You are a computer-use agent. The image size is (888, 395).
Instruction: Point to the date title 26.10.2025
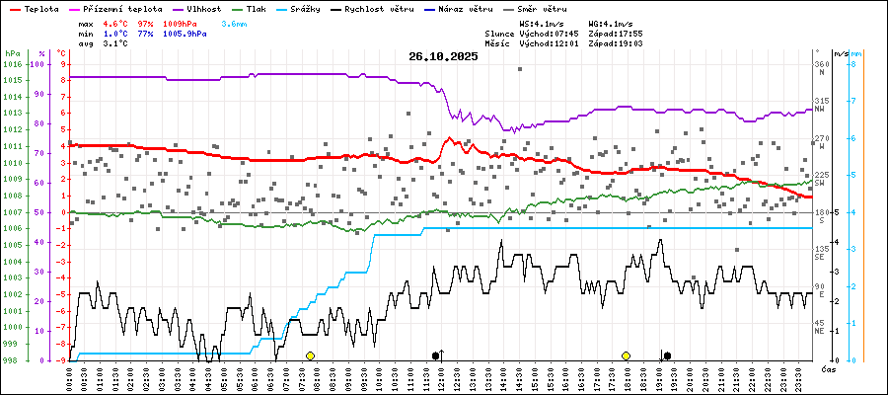tap(443, 56)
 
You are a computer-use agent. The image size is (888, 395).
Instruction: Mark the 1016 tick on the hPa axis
tap(12, 64)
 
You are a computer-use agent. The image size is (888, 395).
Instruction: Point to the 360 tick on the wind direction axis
tap(820, 64)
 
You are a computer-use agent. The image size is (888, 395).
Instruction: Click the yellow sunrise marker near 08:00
tap(310, 355)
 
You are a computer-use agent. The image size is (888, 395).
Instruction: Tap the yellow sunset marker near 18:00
tap(626, 355)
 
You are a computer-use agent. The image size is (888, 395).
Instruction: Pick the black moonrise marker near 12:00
tap(436, 355)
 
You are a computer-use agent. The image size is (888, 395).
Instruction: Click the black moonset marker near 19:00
tap(667, 355)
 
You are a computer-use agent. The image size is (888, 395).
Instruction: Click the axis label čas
tap(829, 368)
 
